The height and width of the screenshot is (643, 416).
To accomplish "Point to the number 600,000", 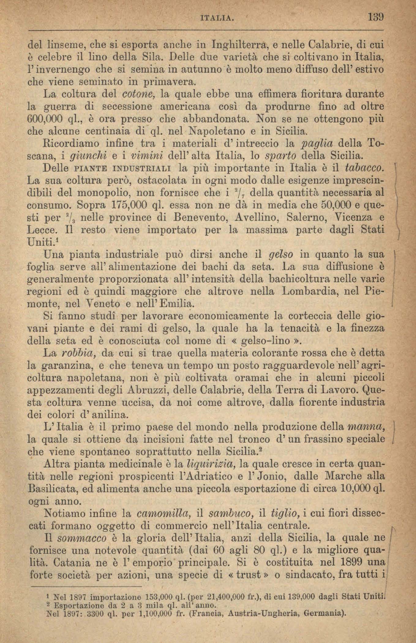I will [x=45, y=118].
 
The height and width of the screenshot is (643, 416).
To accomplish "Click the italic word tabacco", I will [x=364, y=168].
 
